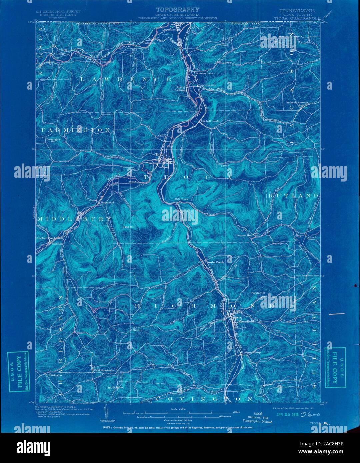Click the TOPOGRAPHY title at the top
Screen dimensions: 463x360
click(179, 9)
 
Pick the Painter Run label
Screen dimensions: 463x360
click(245, 235)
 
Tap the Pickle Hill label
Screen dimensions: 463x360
click(257, 293)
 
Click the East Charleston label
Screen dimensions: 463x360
click(104, 370)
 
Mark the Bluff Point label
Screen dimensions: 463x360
click(115, 387)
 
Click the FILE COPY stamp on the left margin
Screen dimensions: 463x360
click(19, 371)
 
